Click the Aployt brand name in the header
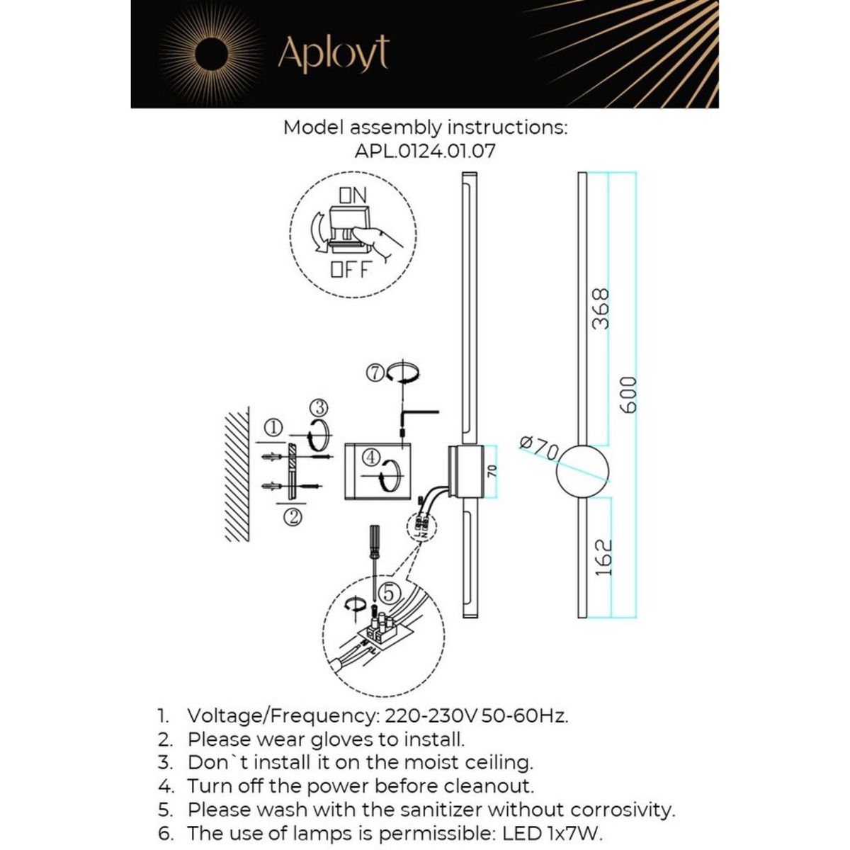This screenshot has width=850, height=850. [333, 53]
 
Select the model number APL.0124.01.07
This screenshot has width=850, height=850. [425, 151]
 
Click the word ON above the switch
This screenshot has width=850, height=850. [353, 194]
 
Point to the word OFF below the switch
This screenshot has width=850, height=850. [352, 269]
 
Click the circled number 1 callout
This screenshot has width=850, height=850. [274, 427]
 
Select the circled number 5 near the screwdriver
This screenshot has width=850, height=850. [388, 590]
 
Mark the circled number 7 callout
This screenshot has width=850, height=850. [376, 372]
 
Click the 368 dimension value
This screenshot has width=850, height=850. [600, 309]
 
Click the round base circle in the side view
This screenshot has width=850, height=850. [582, 471]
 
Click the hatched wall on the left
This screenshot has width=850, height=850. [237, 475]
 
